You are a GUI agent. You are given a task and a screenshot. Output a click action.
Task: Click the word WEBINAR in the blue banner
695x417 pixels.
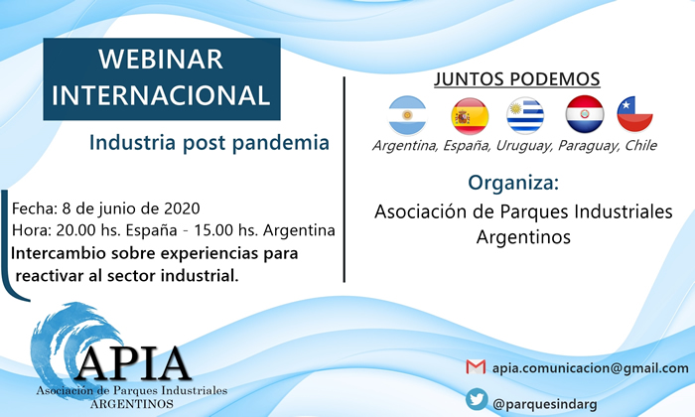tap(161, 60)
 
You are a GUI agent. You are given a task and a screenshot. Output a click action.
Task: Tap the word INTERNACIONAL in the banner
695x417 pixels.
tap(161, 95)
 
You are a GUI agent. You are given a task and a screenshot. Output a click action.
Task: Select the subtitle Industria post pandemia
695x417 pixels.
tap(209, 143)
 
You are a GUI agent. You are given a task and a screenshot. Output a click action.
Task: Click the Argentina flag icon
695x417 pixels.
tap(407, 115)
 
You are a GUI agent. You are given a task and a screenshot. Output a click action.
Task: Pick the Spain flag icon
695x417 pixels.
tap(470, 116)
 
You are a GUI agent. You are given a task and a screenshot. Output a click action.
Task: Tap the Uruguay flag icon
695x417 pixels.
tap(525, 115)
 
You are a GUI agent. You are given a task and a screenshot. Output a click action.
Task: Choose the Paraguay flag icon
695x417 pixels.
tap(585, 114)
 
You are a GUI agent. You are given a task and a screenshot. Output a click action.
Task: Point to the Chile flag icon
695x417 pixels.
tap(634, 114)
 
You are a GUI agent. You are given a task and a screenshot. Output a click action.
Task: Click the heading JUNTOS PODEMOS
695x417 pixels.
tap(517, 79)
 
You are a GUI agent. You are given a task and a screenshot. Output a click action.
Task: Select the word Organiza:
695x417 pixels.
tap(513, 183)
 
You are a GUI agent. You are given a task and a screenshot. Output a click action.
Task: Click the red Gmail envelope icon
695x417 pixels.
tap(476, 367)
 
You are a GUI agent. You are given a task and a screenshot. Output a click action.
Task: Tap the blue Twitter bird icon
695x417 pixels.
tap(477, 399)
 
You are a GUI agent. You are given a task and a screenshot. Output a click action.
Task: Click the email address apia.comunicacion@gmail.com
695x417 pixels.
tap(591, 367)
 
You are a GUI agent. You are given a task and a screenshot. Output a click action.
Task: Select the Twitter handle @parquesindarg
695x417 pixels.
tap(545, 404)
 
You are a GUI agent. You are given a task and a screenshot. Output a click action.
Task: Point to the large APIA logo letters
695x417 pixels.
tap(133, 363)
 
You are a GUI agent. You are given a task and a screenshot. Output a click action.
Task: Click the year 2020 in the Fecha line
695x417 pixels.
tap(182, 208)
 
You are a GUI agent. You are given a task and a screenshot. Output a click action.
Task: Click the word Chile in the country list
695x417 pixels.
tap(640, 145)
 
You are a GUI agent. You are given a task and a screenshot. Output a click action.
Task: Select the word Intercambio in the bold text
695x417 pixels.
tap(59, 253)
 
